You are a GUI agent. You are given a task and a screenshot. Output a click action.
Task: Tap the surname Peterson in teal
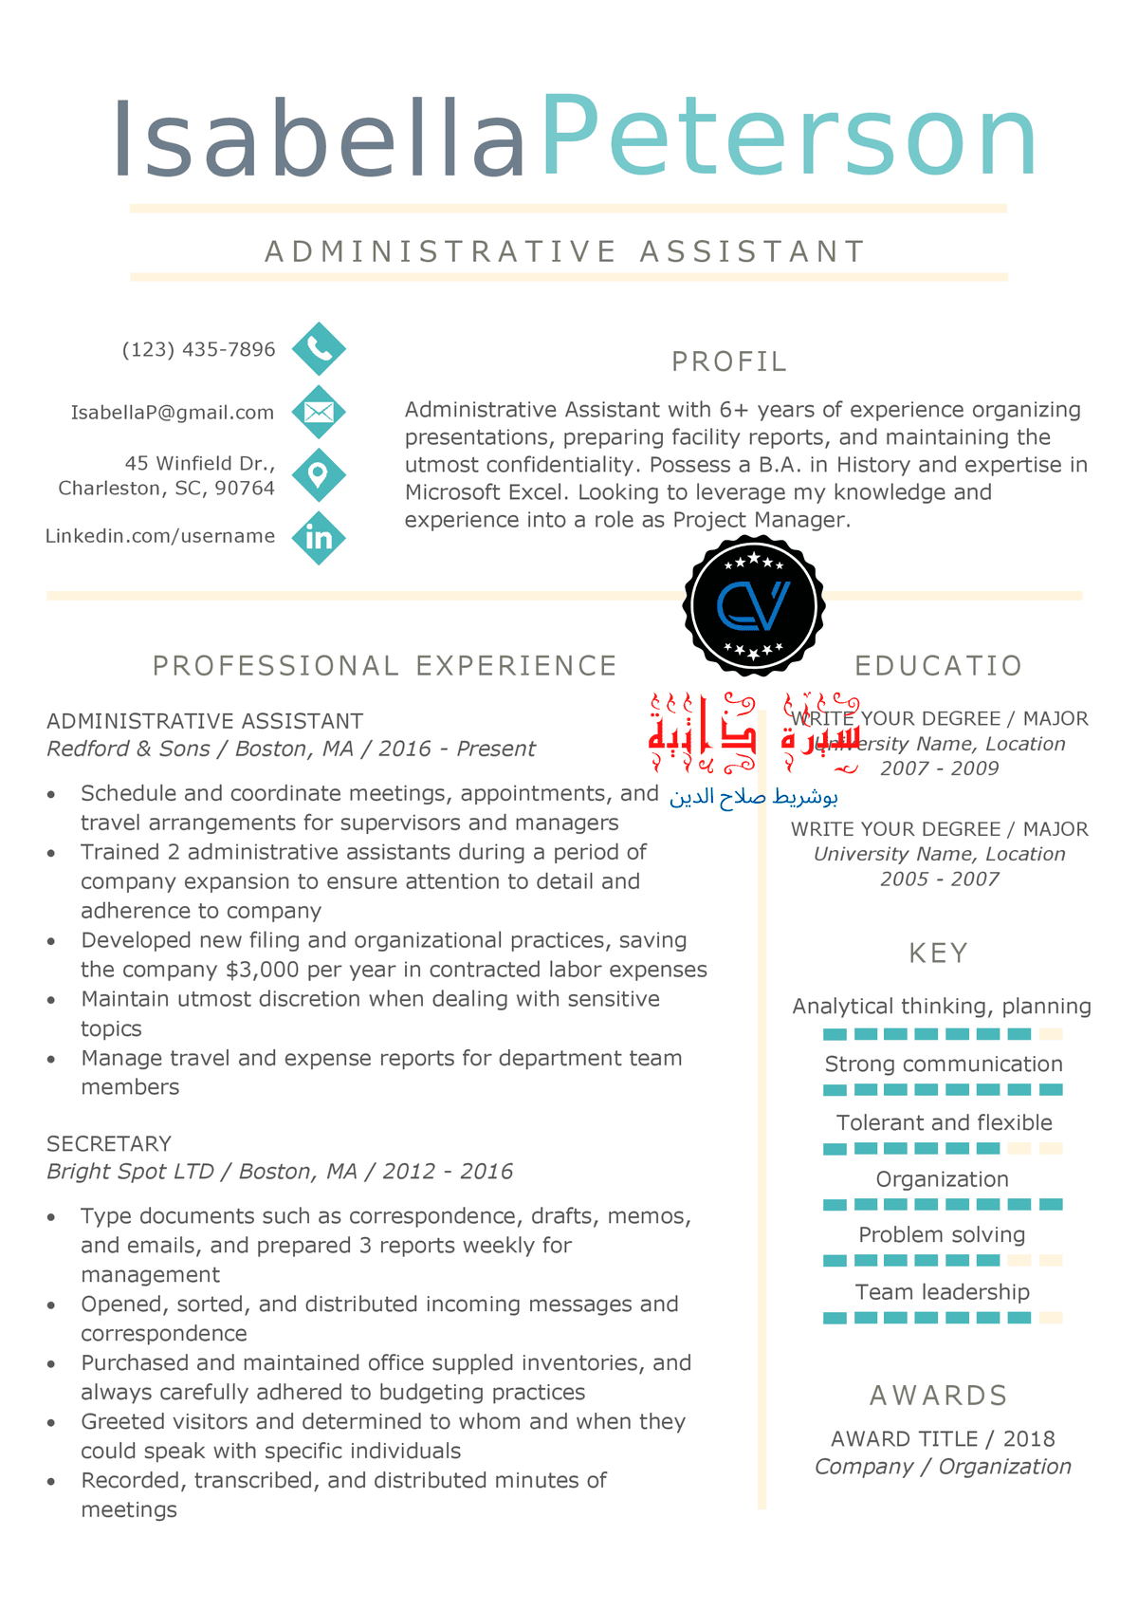pos(788,139)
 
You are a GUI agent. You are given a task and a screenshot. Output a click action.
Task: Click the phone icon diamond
pos(319,349)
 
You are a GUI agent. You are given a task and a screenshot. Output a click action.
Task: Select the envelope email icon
pos(319,412)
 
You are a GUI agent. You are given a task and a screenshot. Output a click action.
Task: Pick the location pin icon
pos(319,474)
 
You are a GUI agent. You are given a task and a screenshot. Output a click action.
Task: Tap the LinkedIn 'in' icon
pos(319,538)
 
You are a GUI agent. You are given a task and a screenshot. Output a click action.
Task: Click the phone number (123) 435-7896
pos(198,349)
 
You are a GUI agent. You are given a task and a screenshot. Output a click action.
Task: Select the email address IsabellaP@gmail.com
pos(172,413)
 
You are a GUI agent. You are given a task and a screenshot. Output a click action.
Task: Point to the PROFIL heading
pos(729,361)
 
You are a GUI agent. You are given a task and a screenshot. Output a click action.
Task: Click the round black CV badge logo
pos(754,605)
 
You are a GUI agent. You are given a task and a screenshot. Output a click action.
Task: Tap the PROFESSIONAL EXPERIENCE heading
pos(385,666)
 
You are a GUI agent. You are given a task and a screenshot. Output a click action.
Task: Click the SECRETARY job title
pos(109,1143)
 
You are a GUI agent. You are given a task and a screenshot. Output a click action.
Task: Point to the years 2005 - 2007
pos(939,879)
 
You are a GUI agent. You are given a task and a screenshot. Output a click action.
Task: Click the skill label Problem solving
pos(942,1234)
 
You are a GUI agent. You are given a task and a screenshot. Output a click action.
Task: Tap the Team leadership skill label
pos(942,1291)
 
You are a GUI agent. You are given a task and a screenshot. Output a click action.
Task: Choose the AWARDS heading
pos(938,1396)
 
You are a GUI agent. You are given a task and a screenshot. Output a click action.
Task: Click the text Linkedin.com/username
pos(160,536)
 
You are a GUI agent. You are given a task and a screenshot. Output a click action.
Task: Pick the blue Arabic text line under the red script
pos(754,797)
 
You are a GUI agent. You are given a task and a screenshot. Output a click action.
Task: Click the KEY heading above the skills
pos(938,953)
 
